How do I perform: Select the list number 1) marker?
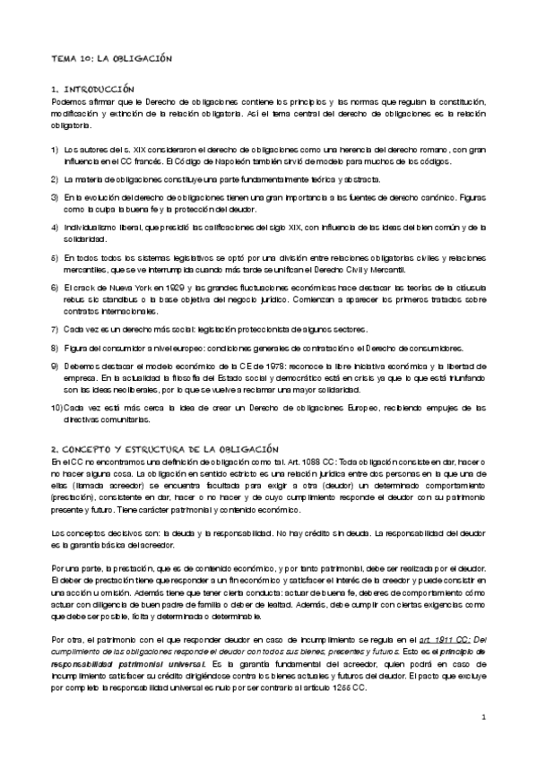[x=55, y=149]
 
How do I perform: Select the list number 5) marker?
[x=55, y=257]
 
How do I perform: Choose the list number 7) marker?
[x=55, y=327]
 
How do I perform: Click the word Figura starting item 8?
[x=77, y=346]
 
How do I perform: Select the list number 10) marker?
[x=56, y=407]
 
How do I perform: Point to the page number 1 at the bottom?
[x=482, y=742]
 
